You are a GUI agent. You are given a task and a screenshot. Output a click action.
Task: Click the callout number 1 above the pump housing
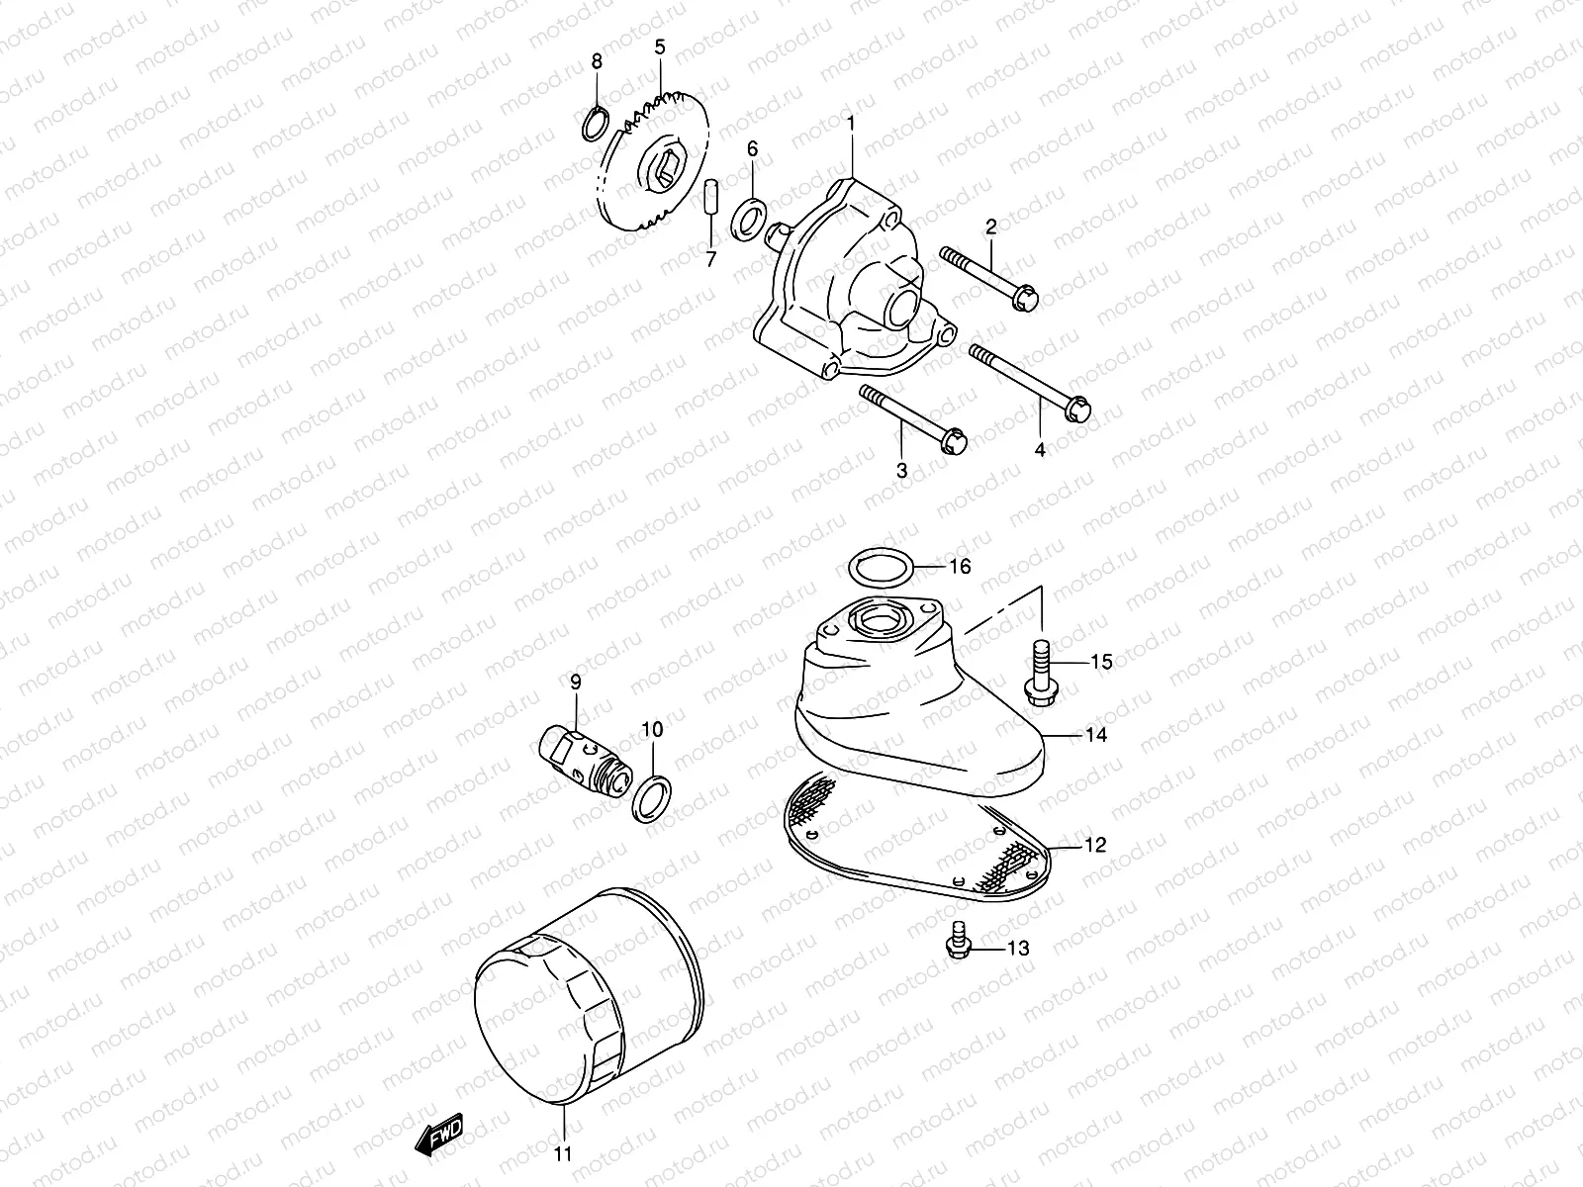click(x=849, y=124)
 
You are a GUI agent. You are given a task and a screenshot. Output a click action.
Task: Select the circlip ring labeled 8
click(x=593, y=127)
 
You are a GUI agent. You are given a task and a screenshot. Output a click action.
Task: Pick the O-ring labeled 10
click(x=651, y=798)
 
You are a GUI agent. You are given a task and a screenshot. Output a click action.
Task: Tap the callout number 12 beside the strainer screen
click(x=1094, y=845)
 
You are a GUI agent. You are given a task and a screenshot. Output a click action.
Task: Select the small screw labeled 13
click(x=957, y=943)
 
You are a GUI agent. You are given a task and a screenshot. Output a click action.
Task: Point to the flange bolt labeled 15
click(x=1040, y=674)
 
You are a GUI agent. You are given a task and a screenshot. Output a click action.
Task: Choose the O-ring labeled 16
click(x=881, y=568)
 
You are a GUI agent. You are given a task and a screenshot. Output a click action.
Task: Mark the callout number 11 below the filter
click(x=562, y=1153)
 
